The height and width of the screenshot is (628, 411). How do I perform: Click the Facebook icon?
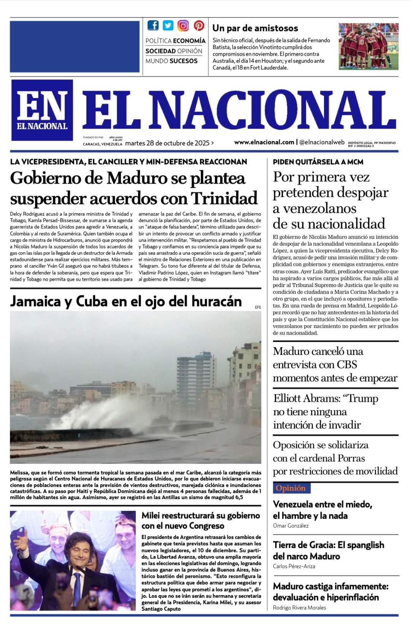[153, 25]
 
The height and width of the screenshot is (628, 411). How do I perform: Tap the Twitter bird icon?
[168, 25]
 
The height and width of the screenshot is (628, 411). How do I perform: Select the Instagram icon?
[183, 25]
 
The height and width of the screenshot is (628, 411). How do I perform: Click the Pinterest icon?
[198, 25]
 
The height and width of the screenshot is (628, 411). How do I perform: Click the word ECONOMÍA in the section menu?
[189, 41]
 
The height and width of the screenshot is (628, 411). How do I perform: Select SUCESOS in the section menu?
[184, 61]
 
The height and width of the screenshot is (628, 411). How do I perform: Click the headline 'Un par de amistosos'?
[255, 28]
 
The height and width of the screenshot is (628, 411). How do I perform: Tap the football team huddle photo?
[368, 46]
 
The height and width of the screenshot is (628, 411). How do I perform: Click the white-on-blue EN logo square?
[42, 110]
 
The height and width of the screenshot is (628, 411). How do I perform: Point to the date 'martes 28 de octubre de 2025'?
[167, 143]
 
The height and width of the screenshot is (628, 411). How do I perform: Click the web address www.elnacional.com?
[264, 142]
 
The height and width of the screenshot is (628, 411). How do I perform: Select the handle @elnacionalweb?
[322, 142]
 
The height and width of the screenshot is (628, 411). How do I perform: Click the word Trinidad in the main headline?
[224, 198]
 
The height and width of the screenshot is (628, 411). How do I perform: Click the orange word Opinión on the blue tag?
[290, 488]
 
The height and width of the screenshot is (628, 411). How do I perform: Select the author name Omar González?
[290, 526]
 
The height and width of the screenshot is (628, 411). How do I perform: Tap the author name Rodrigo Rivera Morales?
[299, 608]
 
